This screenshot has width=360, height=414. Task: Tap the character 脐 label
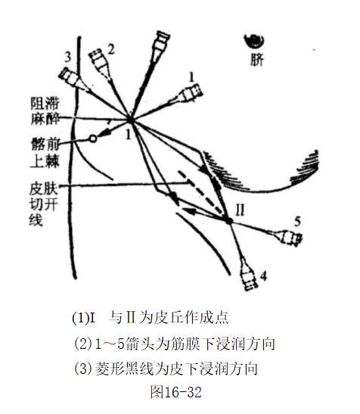tap(256, 61)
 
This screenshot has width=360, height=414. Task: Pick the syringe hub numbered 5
tap(290, 238)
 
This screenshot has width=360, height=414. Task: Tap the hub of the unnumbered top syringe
tap(162, 42)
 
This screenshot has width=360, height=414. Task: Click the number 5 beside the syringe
tap(297, 221)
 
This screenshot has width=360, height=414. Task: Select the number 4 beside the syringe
tap(264, 276)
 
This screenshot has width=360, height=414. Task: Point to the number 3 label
tap(68, 57)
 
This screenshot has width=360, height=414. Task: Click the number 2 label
tap(111, 49)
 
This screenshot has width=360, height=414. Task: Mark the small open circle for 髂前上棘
tap(92, 138)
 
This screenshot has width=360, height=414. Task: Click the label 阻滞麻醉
tap(45, 111)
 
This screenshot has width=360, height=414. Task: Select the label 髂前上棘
tap(45, 153)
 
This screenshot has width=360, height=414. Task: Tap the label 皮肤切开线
tap(43, 204)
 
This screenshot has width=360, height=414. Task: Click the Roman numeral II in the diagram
tap(240, 210)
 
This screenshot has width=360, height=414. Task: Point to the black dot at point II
tap(228, 220)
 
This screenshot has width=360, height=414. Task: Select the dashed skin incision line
tap(201, 192)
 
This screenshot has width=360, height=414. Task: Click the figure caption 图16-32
tap(176, 392)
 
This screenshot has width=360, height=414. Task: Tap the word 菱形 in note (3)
tap(109, 369)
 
